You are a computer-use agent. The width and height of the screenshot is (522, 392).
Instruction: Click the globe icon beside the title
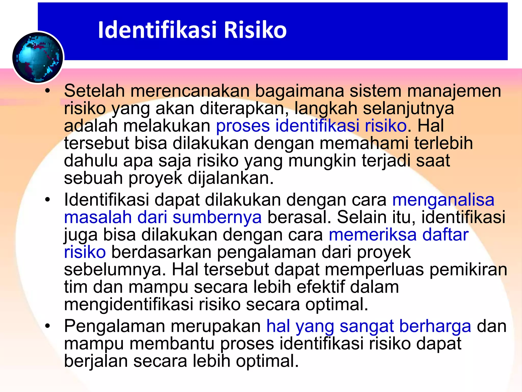38,58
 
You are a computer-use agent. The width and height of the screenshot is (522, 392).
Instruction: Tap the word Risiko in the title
255,30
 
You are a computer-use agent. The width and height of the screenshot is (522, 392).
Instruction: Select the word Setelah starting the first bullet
94,91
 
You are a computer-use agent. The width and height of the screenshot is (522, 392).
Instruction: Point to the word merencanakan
190,91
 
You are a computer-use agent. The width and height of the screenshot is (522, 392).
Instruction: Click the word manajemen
454,91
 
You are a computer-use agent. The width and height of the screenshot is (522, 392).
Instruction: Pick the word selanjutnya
408,108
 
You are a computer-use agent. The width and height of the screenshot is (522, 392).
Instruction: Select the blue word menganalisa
443,200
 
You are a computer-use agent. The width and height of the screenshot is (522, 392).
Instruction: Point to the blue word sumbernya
217,217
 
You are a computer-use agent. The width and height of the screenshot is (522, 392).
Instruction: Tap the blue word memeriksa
373,235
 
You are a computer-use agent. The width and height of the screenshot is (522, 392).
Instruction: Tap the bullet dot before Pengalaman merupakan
47,326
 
